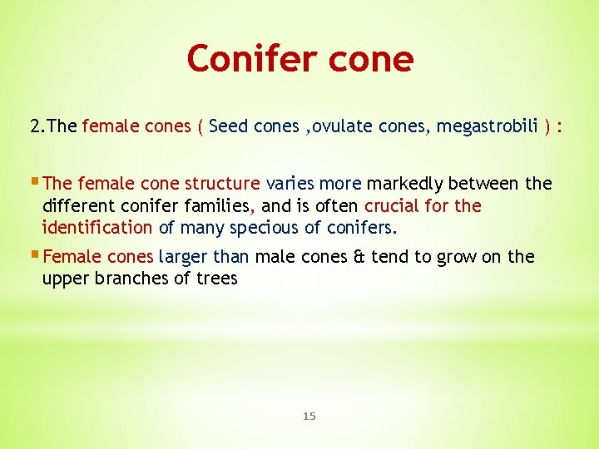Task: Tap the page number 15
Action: click(x=309, y=416)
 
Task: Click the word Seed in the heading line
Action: click(x=230, y=126)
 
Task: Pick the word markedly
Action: click(x=404, y=183)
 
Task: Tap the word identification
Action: click(x=97, y=227)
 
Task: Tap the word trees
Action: click(x=216, y=279)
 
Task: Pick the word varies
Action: click(x=290, y=183)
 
